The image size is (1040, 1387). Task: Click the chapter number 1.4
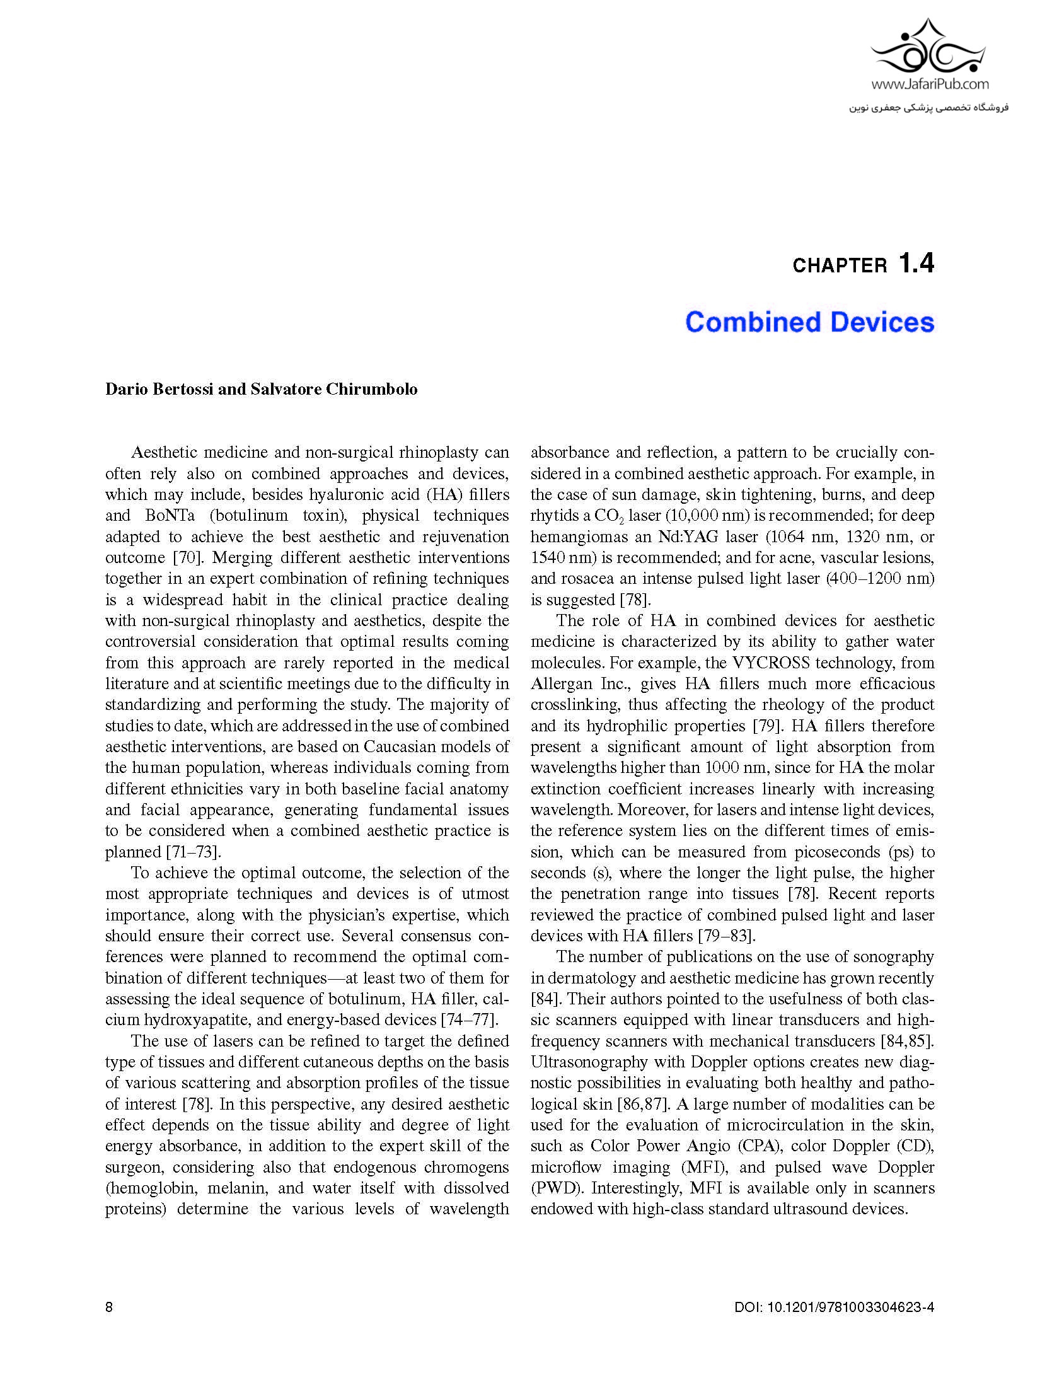(916, 263)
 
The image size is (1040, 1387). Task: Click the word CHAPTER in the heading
(840, 266)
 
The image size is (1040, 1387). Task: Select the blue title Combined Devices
(809, 322)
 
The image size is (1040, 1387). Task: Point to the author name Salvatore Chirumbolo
(333, 389)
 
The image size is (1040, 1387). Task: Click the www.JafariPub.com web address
(930, 84)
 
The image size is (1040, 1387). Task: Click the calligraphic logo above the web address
(930, 48)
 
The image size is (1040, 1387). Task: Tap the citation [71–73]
(194, 852)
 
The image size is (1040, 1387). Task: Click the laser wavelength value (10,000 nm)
(703, 516)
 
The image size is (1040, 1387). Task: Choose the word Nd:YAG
(693, 537)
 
